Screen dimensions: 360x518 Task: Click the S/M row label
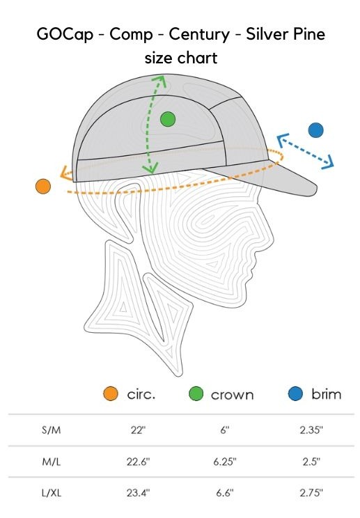pyautogui.click(x=52, y=430)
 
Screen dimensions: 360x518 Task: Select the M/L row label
pyautogui.click(x=52, y=462)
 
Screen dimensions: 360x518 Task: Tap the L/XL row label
pyautogui.click(x=52, y=493)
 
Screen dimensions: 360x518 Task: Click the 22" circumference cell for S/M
pyautogui.click(x=138, y=430)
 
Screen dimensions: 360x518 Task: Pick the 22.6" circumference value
pyautogui.click(x=138, y=461)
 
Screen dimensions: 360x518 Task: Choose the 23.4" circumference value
pyautogui.click(x=138, y=492)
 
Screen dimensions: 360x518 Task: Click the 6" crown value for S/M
pyautogui.click(x=225, y=430)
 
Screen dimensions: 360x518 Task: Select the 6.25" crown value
pyautogui.click(x=225, y=461)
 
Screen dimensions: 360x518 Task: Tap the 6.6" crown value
pyautogui.click(x=225, y=492)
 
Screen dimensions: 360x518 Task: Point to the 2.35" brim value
pyautogui.click(x=311, y=430)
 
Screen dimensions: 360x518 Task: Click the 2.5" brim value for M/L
pyautogui.click(x=311, y=461)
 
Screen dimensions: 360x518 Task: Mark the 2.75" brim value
pyautogui.click(x=311, y=492)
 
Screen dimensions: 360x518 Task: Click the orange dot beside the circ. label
pyautogui.click(x=111, y=394)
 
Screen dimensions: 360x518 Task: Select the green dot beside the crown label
pyautogui.click(x=196, y=394)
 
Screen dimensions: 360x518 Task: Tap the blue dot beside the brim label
pyautogui.click(x=295, y=394)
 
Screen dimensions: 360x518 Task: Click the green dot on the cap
pyautogui.click(x=168, y=119)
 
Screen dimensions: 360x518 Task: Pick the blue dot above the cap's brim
pyautogui.click(x=315, y=130)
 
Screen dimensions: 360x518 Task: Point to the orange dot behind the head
pyautogui.click(x=43, y=187)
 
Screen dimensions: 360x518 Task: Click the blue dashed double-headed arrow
pyautogui.click(x=305, y=151)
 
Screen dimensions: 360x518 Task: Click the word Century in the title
pyautogui.click(x=199, y=34)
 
